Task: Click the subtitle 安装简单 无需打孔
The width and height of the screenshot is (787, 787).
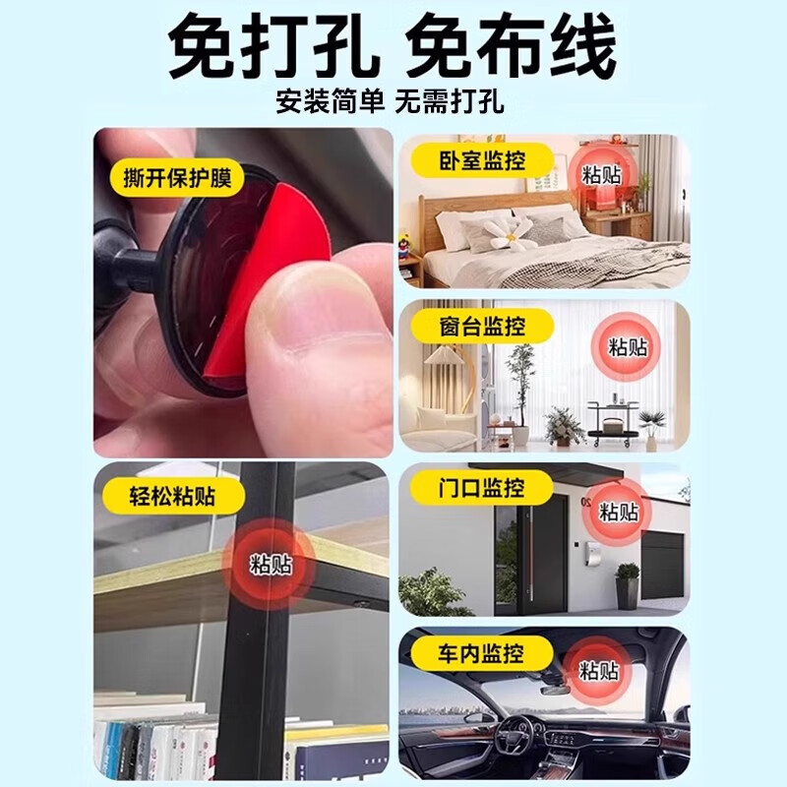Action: click(x=392, y=102)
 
